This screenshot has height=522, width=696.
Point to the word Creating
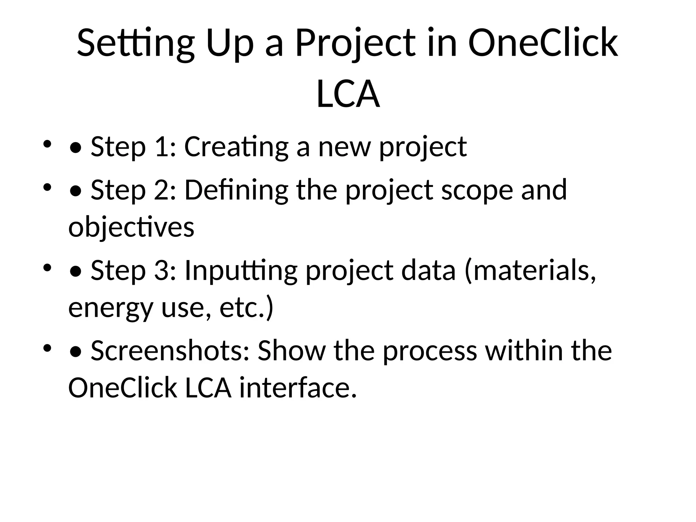236,147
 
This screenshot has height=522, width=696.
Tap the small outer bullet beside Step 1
47,144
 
